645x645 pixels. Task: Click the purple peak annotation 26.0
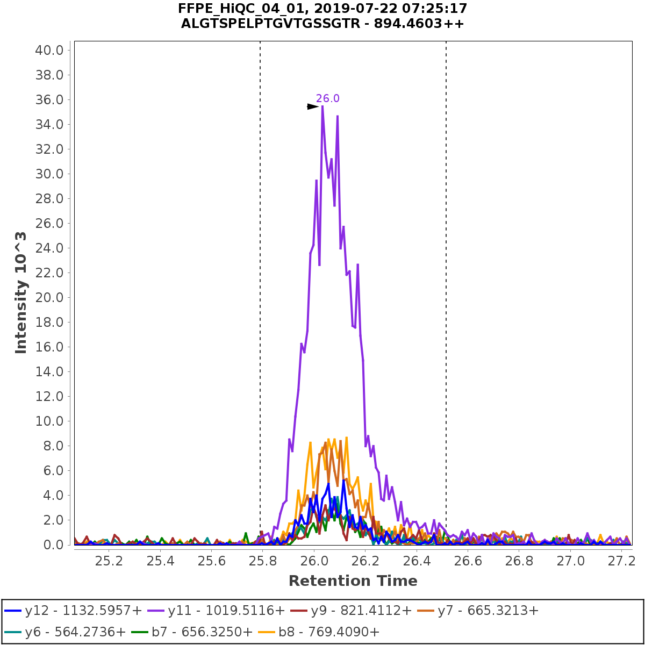[327, 98]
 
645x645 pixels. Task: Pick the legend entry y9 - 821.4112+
[352, 610]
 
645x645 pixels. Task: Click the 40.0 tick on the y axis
[49, 50]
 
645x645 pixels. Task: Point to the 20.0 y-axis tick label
[49, 297]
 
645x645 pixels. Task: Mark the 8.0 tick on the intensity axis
[54, 446]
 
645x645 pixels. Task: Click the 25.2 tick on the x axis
[109, 561]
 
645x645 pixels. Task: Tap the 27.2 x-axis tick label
[621, 561]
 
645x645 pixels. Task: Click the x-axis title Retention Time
[353, 581]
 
